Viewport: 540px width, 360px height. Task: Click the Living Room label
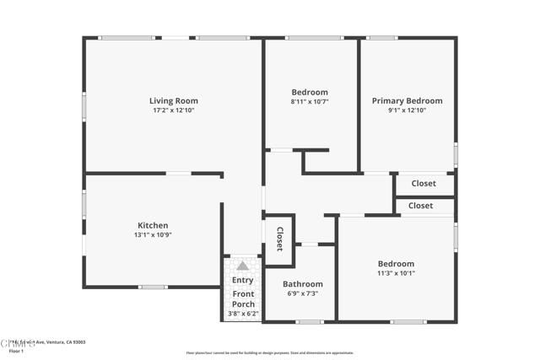(174, 101)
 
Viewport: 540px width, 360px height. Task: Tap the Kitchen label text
(153, 225)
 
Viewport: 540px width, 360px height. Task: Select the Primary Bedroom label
(407, 101)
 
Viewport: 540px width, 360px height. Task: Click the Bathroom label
(302, 284)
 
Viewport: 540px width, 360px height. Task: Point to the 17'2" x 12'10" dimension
(174, 110)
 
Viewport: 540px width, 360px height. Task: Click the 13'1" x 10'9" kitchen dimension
(153, 234)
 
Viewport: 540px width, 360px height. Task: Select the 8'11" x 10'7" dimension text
(310, 101)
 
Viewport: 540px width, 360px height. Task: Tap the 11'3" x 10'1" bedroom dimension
(396, 273)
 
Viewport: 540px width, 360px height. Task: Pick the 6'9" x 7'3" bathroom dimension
(302, 293)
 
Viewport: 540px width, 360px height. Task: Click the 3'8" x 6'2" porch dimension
(243, 314)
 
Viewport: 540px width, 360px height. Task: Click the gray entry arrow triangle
(243, 266)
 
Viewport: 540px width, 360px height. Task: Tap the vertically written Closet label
(279, 239)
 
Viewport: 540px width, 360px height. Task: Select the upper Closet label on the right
(424, 183)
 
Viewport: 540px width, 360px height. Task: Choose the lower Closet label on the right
(420, 206)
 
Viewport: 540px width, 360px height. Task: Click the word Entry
(243, 280)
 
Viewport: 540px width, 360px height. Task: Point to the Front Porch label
(243, 298)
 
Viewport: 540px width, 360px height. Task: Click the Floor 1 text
(16, 351)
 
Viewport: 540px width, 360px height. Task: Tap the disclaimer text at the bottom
(270, 353)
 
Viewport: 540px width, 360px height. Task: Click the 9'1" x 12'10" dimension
(407, 110)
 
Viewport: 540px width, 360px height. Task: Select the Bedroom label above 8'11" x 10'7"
(310, 92)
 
